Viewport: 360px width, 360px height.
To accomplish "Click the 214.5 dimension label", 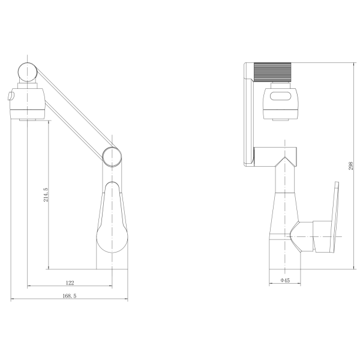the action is pyautogui.click(x=46, y=194).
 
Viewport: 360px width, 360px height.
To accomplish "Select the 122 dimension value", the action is pyautogui.click(x=70, y=283).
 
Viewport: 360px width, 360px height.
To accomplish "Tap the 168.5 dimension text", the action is pyautogui.click(x=70, y=296).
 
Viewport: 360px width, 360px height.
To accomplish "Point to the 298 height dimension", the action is pyautogui.click(x=350, y=166).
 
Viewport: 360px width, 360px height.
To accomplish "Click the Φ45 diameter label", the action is pyautogui.click(x=285, y=280).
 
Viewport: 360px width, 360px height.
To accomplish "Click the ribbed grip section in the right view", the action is pyautogui.click(x=272, y=72).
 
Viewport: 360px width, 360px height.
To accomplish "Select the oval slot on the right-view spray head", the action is pyautogui.click(x=282, y=96).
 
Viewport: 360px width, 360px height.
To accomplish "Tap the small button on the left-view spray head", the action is pyautogui.click(x=11, y=96).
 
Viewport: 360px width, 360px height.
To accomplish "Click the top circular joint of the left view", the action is pyautogui.click(x=28, y=72).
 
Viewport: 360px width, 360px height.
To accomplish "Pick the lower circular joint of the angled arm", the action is pyautogui.click(x=112, y=157).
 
